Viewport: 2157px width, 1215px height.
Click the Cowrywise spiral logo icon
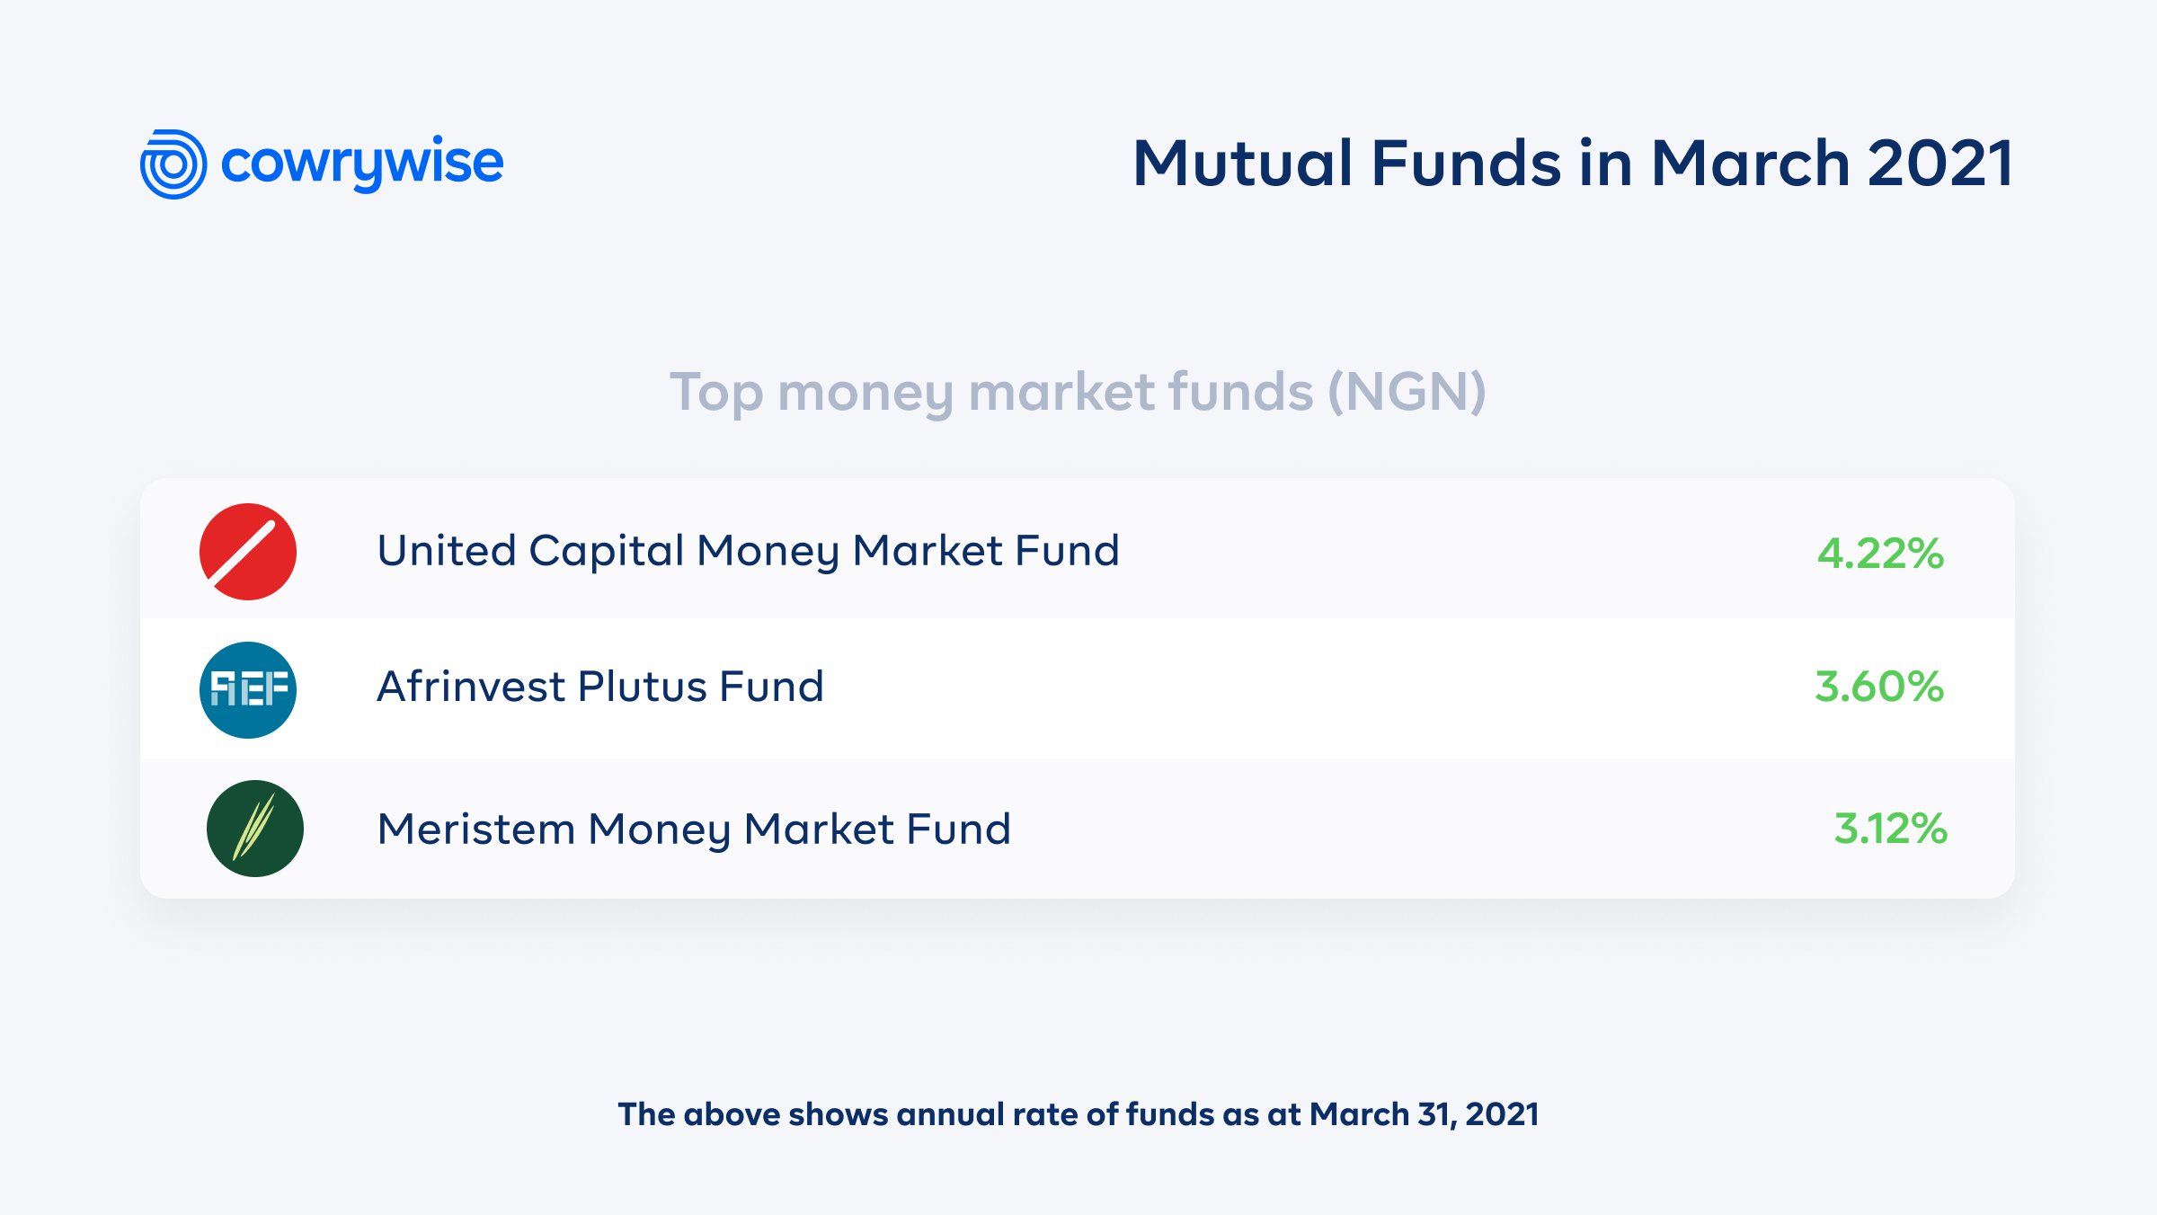pyautogui.click(x=173, y=164)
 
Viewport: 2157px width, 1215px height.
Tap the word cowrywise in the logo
pyautogui.click(x=361, y=163)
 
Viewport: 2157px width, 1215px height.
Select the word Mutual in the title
pyautogui.click(x=1243, y=164)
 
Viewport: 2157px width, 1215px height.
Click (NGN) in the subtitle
pyautogui.click(x=1407, y=392)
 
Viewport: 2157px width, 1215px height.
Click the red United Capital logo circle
pyautogui.click(x=248, y=552)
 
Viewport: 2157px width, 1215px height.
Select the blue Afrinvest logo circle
pyautogui.click(x=248, y=690)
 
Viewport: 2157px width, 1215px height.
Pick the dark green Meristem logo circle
pyautogui.click(x=255, y=829)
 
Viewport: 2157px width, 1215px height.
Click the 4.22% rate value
pyautogui.click(x=1880, y=554)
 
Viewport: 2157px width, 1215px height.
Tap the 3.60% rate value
pyautogui.click(x=1879, y=687)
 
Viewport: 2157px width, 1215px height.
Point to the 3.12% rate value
pyautogui.click(x=1890, y=829)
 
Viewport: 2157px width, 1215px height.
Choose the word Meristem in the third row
pyautogui.click(x=476, y=829)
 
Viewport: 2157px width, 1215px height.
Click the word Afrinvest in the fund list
pyautogui.click(x=471, y=687)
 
